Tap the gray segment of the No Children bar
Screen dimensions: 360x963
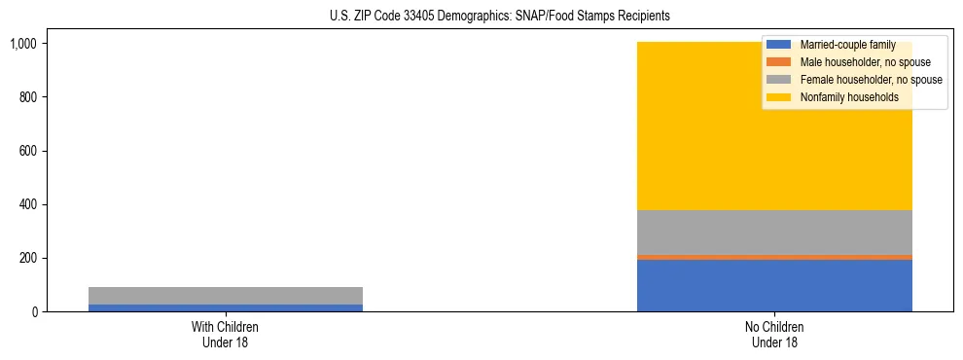pos(774,233)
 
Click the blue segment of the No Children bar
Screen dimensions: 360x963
pos(774,285)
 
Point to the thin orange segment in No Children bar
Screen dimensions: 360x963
pos(774,257)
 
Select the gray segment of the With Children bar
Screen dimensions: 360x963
pos(225,296)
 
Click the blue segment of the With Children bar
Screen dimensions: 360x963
pos(225,307)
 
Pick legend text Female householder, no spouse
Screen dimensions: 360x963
pos(871,80)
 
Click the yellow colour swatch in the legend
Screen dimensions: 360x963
pos(779,97)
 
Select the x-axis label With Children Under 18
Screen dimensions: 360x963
pos(225,334)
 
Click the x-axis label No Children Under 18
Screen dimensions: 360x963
pos(774,334)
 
